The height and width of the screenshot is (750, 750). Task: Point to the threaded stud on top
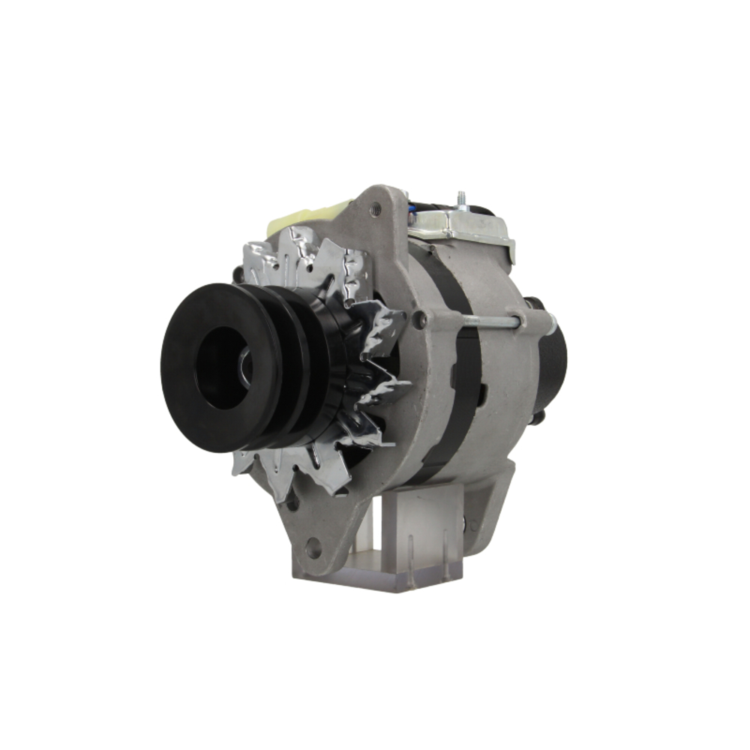[x=463, y=198]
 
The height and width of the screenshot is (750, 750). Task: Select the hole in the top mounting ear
[x=374, y=211]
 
